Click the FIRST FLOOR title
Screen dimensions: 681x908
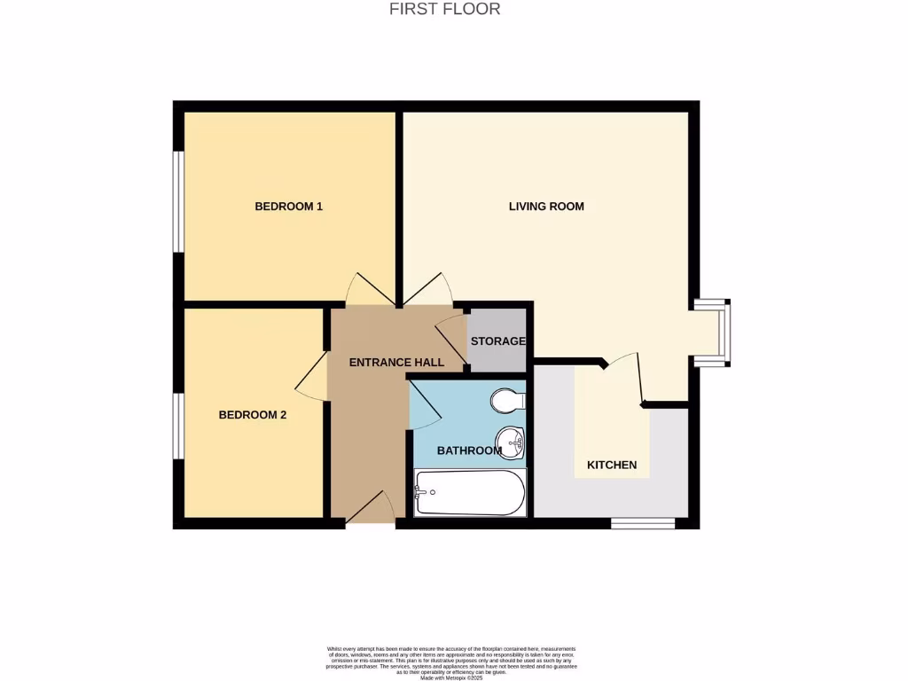pyautogui.click(x=445, y=9)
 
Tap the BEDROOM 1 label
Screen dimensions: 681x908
pyautogui.click(x=288, y=207)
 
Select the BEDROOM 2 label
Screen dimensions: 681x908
pyautogui.click(x=253, y=414)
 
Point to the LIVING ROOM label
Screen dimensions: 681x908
pyautogui.click(x=546, y=207)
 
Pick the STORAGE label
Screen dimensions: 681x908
pyautogui.click(x=497, y=341)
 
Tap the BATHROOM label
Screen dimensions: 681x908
pyautogui.click(x=469, y=450)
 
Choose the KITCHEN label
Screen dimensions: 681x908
pyautogui.click(x=612, y=465)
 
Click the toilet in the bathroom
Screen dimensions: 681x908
pyautogui.click(x=508, y=402)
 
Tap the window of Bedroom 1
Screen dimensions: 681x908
pyautogui.click(x=178, y=202)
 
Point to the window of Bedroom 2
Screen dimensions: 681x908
pyautogui.click(x=178, y=427)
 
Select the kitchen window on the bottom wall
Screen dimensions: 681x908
pyautogui.click(x=643, y=523)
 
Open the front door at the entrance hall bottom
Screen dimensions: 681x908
pyautogui.click(x=371, y=510)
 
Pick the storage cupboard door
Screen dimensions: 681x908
pyautogui.click(x=451, y=335)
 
